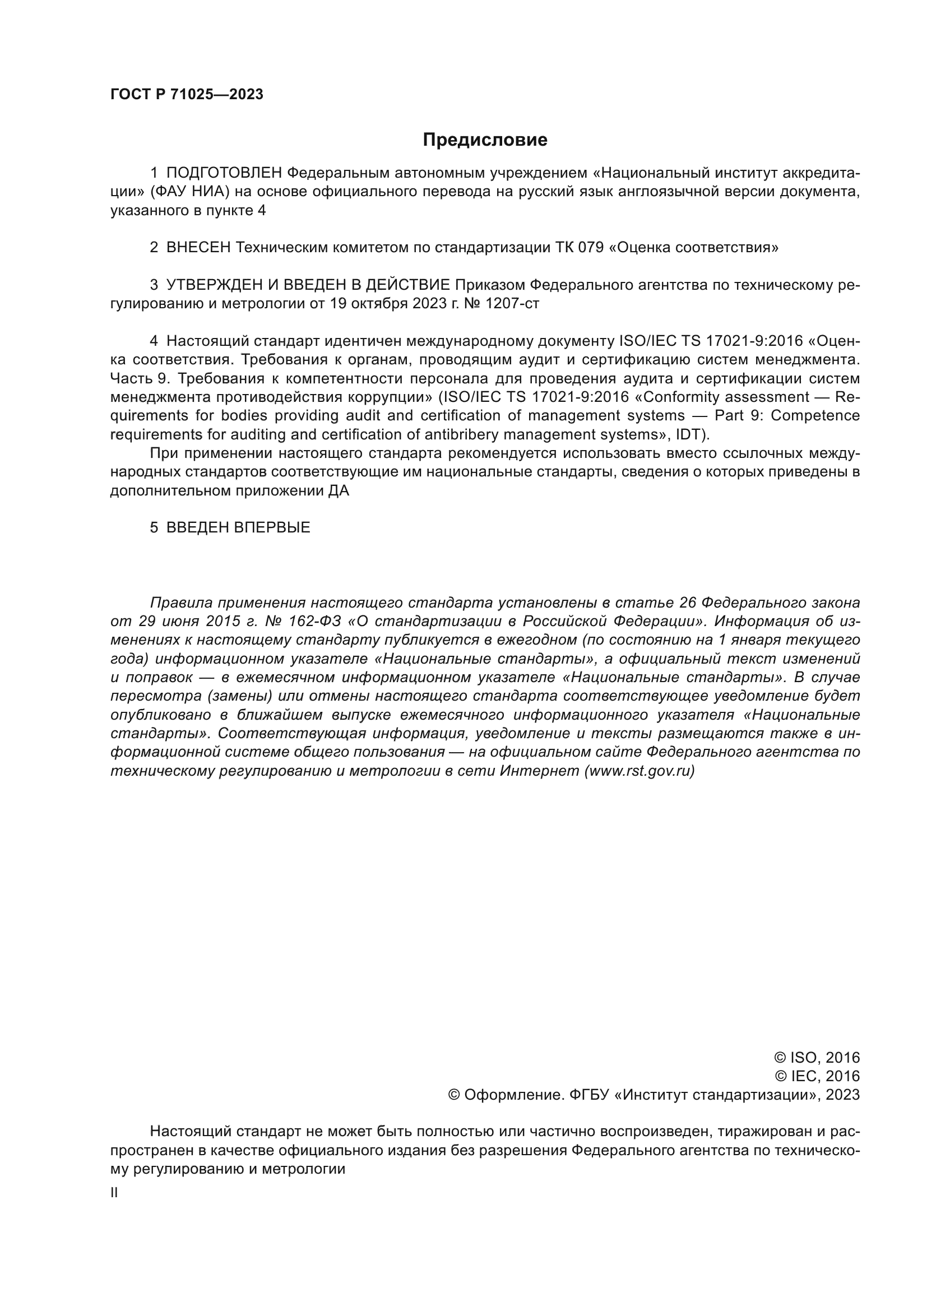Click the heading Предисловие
click(x=485, y=140)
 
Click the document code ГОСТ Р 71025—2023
click(x=187, y=95)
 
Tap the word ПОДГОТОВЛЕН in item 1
click(x=224, y=173)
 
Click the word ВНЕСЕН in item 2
click(x=198, y=248)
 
